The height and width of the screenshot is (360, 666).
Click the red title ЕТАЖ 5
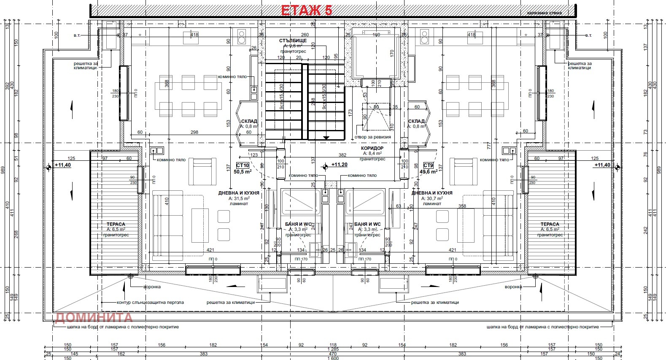tap(306, 10)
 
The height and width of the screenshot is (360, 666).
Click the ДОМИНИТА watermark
tap(94, 317)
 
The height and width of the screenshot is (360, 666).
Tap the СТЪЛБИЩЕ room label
tap(293, 41)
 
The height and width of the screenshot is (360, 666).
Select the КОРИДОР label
tap(372, 149)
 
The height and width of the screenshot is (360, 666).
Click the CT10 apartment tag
tap(243, 166)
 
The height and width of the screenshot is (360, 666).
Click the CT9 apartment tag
tap(428, 166)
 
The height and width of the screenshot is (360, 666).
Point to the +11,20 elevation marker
tap(339, 165)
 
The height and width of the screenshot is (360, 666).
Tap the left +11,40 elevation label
tap(63, 165)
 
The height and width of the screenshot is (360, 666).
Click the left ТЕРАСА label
tap(116, 224)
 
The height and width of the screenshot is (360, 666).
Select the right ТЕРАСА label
tap(550, 224)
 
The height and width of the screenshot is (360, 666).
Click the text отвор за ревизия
tap(372, 137)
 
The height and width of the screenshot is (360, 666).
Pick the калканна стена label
tap(544, 13)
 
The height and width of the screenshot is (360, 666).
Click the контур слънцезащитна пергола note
tap(150, 302)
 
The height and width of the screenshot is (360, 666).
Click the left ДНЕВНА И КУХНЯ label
tap(239, 193)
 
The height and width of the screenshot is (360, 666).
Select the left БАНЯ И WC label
tap(298, 224)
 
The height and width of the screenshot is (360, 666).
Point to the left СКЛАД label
tap(249, 121)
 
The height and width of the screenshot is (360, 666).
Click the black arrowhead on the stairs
tap(326, 138)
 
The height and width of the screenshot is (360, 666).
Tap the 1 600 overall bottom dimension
tap(333, 358)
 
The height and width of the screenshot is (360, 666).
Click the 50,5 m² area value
tap(243, 172)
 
